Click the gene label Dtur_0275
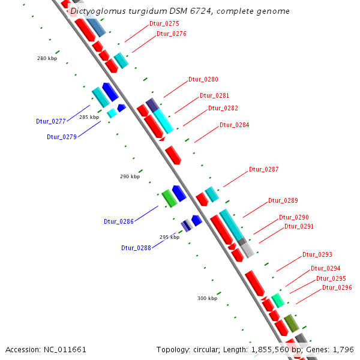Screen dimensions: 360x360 click(x=164, y=23)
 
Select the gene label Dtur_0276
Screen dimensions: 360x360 click(x=172, y=34)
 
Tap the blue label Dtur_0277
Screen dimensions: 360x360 click(x=50, y=121)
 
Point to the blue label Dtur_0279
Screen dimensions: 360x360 click(x=62, y=137)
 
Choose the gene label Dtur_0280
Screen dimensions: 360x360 click(x=203, y=79)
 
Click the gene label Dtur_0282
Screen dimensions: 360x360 click(x=223, y=108)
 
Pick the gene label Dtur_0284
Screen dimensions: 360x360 click(x=234, y=125)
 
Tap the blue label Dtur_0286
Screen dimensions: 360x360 click(x=118, y=221)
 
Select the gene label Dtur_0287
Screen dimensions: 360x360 click(x=264, y=169)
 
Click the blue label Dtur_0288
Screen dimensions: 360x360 click(x=136, y=248)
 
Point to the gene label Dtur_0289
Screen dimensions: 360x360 click(x=283, y=200)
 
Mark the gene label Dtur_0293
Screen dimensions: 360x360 click(x=317, y=254)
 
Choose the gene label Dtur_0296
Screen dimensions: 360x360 click(x=337, y=287)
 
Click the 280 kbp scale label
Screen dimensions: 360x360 click(x=46, y=58)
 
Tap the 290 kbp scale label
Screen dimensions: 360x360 click(x=130, y=176)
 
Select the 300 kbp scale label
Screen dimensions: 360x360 click(x=207, y=298)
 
